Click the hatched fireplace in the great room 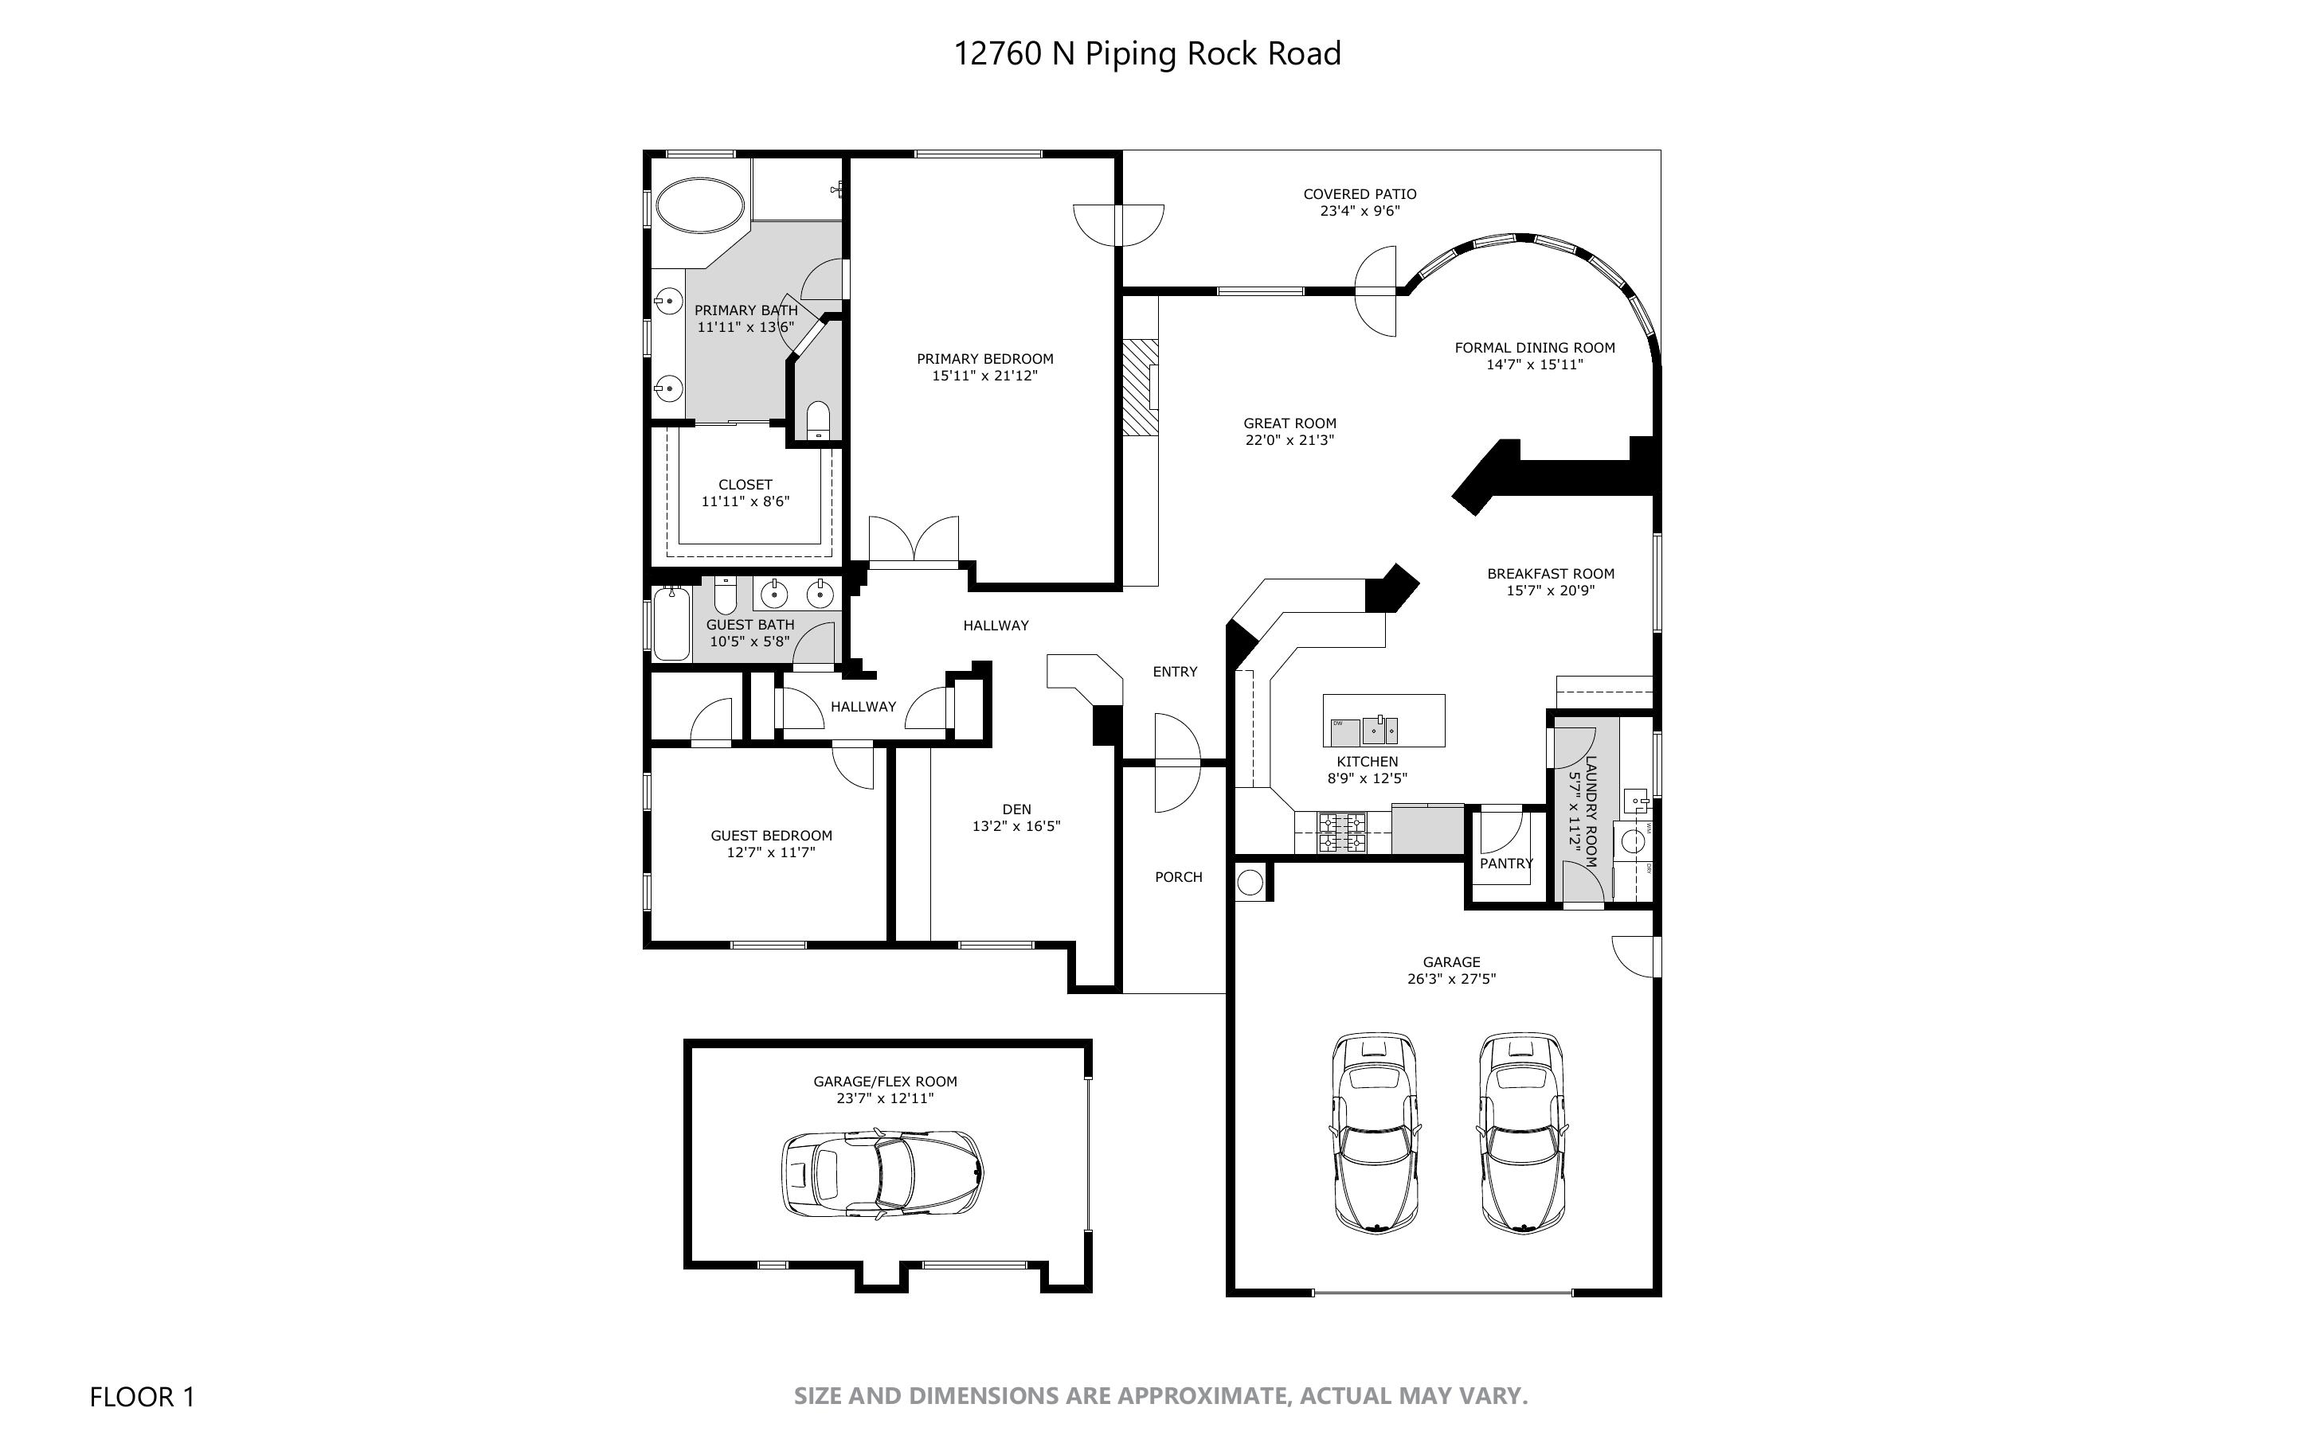click(1140, 388)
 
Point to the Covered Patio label click(1360, 194)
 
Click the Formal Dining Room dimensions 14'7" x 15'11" click(1535, 365)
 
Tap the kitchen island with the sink click(1383, 720)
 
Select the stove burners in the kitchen click(1342, 833)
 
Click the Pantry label click(1506, 864)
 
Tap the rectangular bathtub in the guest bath click(672, 623)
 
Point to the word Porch click(1179, 877)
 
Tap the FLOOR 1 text click(142, 1397)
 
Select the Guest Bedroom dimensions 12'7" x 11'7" click(771, 852)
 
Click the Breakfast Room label click(1551, 574)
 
